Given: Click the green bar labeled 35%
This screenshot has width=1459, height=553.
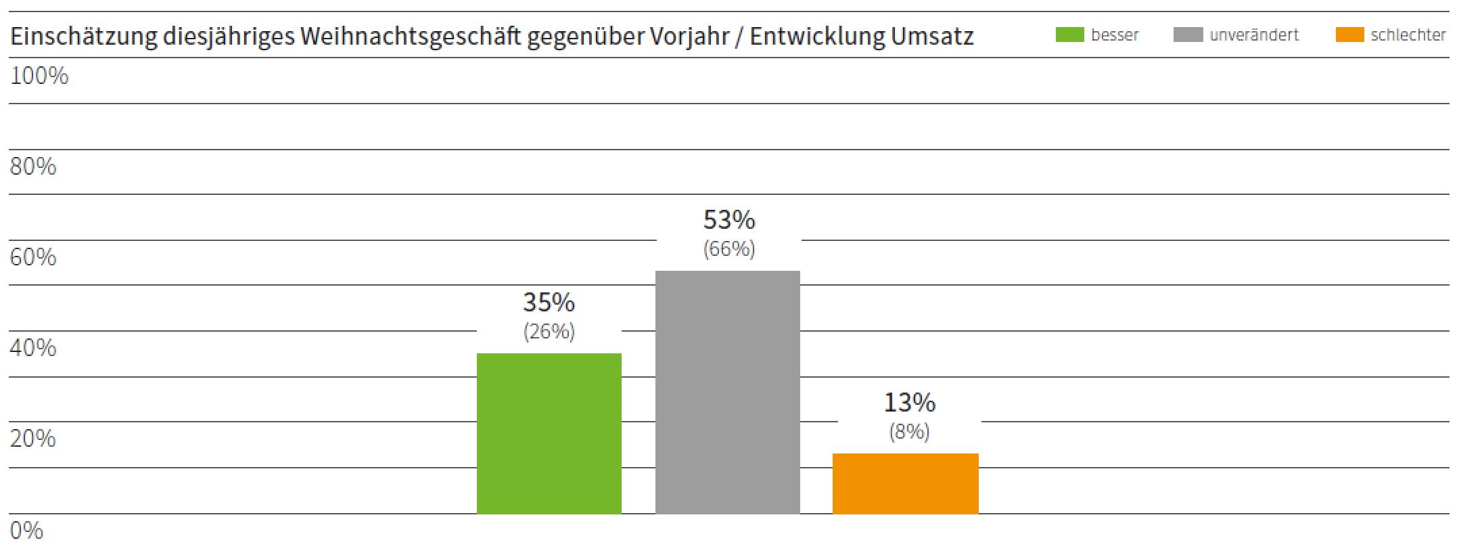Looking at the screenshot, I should click(x=549, y=433).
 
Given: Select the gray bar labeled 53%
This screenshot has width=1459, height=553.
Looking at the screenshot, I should click(x=727, y=392).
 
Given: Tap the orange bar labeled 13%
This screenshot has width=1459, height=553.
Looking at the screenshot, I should click(x=905, y=483).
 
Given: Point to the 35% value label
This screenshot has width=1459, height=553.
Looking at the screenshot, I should click(x=549, y=302).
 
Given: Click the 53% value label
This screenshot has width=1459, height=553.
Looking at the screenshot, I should click(x=728, y=219).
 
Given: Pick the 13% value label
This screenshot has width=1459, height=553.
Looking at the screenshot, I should click(x=909, y=403).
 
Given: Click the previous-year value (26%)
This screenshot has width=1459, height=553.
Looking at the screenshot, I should click(x=549, y=332).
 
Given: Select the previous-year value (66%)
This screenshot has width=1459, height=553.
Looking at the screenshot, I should click(x=728, y=249).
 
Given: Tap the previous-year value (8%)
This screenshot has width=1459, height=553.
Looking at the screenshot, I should click(x=909, y=432).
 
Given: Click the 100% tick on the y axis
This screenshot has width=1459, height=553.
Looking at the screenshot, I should click(x=39, y=76).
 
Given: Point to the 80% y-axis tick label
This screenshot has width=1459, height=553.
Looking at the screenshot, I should click(x=33, y=167).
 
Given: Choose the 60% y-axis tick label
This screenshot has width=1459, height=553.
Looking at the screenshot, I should click(x=33, y=257).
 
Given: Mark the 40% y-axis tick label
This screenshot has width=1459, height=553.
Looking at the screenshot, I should click(x=33, y=348).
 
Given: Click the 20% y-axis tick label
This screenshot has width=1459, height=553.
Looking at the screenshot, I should click(x=33, y=439).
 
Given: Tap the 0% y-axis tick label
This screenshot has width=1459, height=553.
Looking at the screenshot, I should click(x=26, y=530).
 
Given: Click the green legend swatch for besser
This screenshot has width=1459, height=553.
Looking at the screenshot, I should click(x=1069, y=35).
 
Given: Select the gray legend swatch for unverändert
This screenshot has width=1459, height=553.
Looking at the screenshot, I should click(x=1188, y=35).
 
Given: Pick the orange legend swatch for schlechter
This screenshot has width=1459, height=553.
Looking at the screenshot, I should click(x=1349, y=35).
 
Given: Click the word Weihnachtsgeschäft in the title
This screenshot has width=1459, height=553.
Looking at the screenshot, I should click(x=410, y=37).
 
